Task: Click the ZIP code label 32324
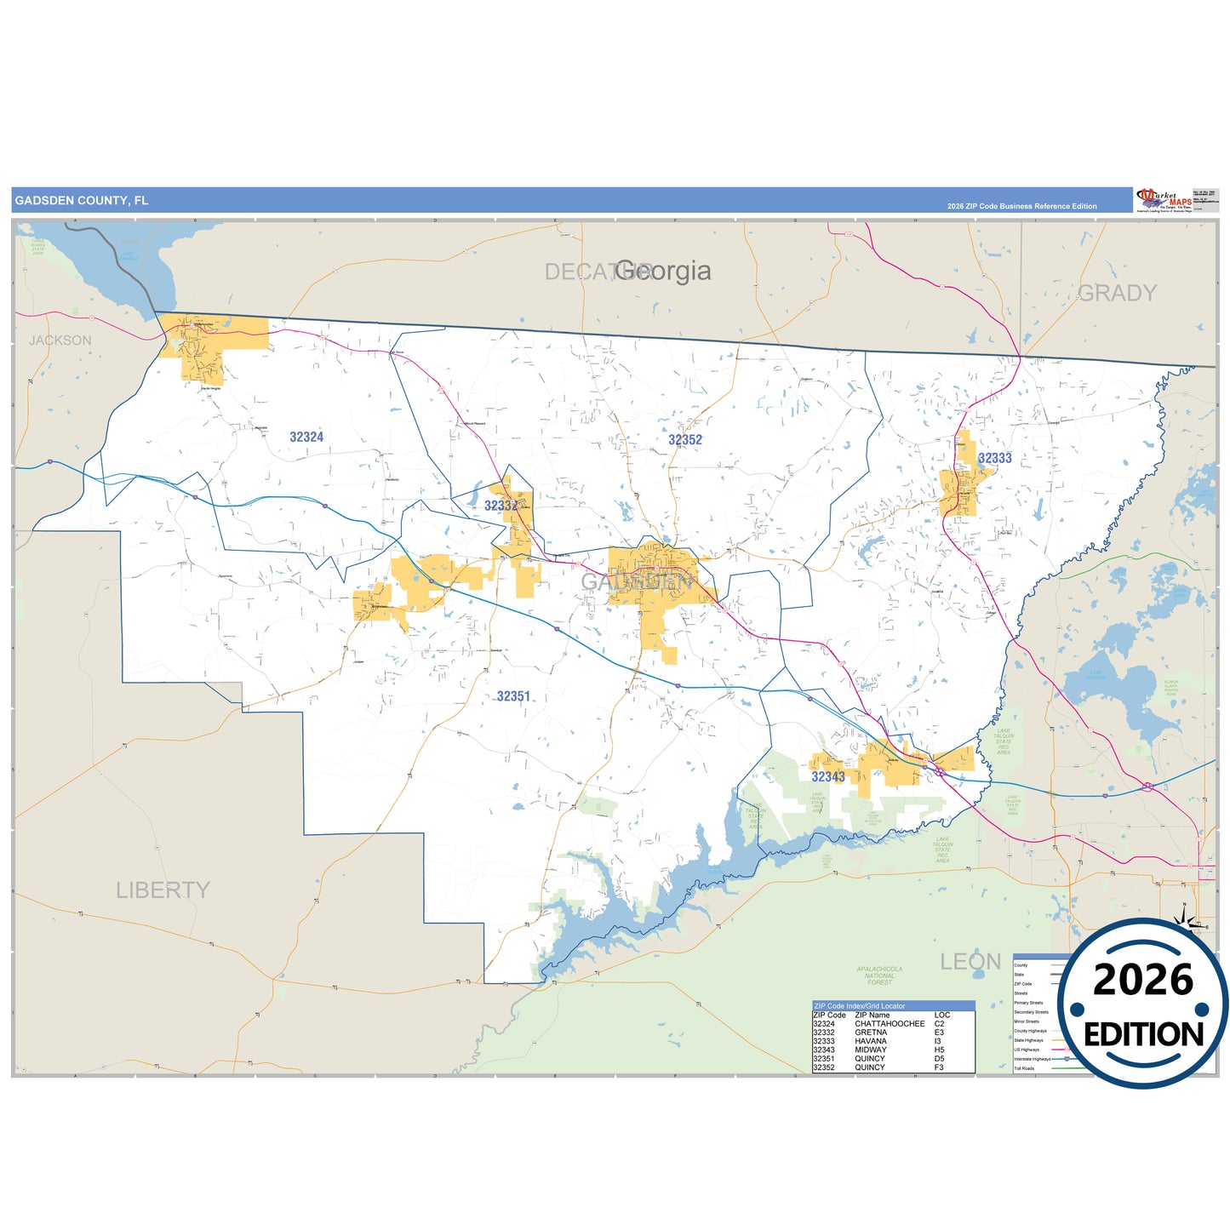coord(306,437)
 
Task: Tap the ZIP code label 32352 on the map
coord(685,439)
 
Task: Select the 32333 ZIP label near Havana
coord(995,458)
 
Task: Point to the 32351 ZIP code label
coord(513,696)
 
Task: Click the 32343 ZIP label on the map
coord(828,777)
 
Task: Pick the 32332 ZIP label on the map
coord(501,506)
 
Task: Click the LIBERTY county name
coord(163,890)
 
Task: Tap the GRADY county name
coord(1117,293)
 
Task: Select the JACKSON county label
coord(60,340)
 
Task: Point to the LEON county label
coord(970,962)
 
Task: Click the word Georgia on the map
coord(663,271)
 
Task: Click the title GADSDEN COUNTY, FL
coord(81,201)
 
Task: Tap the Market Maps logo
coord(1163,201)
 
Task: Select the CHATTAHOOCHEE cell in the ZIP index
coord(890,1024)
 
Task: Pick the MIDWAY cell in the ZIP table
coord(871,1050)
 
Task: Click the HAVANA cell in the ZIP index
coord(871,1041)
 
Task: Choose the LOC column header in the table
coord(942,1015)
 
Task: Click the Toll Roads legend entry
coord(1024,1068)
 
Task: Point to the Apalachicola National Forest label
coord(879,975)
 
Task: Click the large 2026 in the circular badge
coord(1143,981)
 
